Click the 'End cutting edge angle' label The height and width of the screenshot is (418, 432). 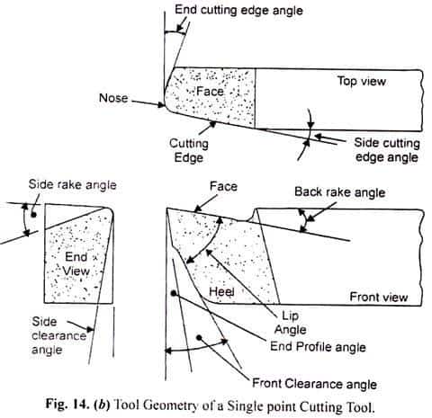[x=238, y=10]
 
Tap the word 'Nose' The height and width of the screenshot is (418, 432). [x=113, y=98]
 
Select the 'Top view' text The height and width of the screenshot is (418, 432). [x=362, y=81]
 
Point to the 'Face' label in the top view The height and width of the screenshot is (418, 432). [x=210, y=91]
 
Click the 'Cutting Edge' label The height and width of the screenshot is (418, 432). [x=189, y=150]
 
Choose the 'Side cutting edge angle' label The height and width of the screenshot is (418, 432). [x=387, y=150]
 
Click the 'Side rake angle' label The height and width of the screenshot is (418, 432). [x=72, y=184]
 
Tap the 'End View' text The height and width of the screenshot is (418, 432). [x=76, y=264]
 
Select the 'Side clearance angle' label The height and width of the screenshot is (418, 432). [x=59, y=335]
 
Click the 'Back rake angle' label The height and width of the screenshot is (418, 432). [x=340, y=192]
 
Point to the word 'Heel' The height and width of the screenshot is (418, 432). [x=221, y=291]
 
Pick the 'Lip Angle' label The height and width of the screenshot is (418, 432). [x=291, y=323]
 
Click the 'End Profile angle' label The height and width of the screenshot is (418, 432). [x=318, y=347]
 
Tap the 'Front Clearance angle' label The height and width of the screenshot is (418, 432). [x=314, y=384]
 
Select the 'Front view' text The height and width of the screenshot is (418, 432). [x=379, y=297]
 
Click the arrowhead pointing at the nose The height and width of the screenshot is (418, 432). [x=161, y=104]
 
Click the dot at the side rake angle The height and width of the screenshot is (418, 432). [x=33, y=215]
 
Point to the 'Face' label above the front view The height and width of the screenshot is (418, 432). [x=223, y=186]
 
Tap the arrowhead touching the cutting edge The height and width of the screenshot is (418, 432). [x=212, y=124]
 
